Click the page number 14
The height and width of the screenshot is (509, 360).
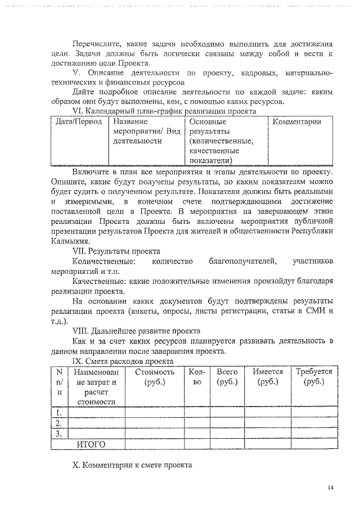tap(331, 488)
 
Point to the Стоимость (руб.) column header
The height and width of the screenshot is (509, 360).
tap(155, 377)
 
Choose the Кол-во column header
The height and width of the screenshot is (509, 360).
tap(197, 377)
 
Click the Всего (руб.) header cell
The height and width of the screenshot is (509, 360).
tap(227, 377)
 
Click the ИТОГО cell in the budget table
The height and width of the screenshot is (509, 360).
tap(91, 444)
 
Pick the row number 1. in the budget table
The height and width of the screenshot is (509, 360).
tap(58, 413)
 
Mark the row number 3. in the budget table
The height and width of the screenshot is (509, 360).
tap(58, 434)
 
